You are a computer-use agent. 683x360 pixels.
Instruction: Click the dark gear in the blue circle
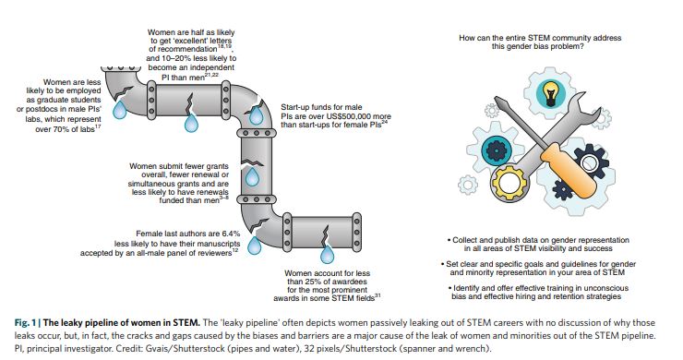click(495, 150)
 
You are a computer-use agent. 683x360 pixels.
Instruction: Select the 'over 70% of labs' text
click(65, 129)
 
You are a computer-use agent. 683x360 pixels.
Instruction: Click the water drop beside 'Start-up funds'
click(257, 115)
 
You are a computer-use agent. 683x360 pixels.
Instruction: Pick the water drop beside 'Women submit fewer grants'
click(252, 176)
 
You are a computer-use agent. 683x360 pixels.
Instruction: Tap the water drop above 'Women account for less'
click(327, 254)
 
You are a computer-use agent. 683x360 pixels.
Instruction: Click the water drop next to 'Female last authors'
click(255, 245)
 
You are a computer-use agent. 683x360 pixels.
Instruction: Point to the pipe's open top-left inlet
click(118, 69)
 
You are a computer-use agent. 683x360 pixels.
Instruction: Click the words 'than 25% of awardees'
click(327, 282)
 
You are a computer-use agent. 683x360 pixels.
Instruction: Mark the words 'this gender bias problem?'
click(538, 46)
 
